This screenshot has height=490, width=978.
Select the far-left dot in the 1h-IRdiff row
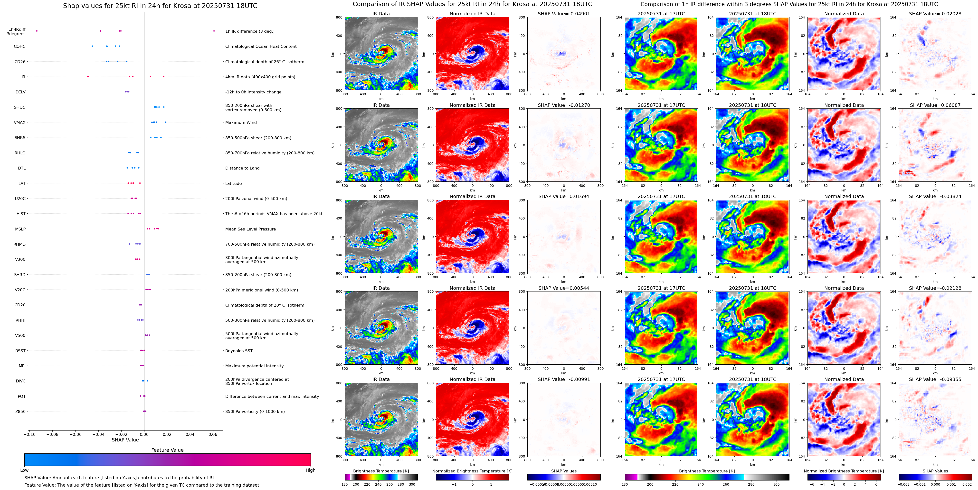[x=37, y=31]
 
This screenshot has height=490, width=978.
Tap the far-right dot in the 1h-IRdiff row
[x=214, y=31]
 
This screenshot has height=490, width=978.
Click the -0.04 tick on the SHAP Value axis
[x=98, y=434]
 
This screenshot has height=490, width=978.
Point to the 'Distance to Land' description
[x=242, y=168]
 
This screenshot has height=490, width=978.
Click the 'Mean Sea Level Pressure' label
[x=250, y=229]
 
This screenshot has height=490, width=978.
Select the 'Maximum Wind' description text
[x=241, y=122]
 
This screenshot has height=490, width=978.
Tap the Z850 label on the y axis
[x=20, y=411]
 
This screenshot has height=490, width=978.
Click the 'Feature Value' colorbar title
[x=167, y=450]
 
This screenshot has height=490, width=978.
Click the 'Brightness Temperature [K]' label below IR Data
[x=381, y=471]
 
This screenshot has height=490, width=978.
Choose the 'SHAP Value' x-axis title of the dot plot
[x=125, y=440]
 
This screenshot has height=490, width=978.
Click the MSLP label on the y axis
[x=20, y=229]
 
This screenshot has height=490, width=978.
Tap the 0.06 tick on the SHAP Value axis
[x=213, y=434]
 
